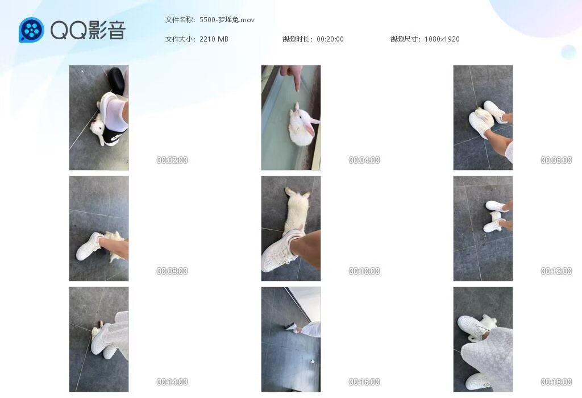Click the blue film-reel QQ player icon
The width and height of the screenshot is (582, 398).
point(32,30)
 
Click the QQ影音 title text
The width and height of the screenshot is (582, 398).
point(88,30)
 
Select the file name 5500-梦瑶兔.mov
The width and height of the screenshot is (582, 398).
point(227,20)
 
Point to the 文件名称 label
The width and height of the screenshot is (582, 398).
point(179,20)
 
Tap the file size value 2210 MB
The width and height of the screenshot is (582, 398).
point(214,39)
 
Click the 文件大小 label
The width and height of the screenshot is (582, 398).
point(179,39)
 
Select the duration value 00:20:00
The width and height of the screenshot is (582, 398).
point(330,39)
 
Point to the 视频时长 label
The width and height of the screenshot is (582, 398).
point(296,39)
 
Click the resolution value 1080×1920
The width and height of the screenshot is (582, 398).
point(442,39)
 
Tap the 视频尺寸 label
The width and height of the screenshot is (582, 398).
point(404,39)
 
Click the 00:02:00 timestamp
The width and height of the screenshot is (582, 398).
point(172,160)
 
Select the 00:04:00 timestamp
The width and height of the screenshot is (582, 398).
point(364,160)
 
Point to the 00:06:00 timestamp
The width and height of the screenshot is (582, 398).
point(556,160)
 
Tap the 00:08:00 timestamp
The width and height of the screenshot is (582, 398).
point(172,271)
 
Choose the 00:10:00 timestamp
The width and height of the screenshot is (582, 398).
point(364,271)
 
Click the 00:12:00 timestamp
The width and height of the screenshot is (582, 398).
point(556,271)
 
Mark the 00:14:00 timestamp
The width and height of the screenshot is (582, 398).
point(172,382)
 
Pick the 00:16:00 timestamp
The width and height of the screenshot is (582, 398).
point(364,382)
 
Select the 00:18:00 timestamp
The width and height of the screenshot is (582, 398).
point(556,382)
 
